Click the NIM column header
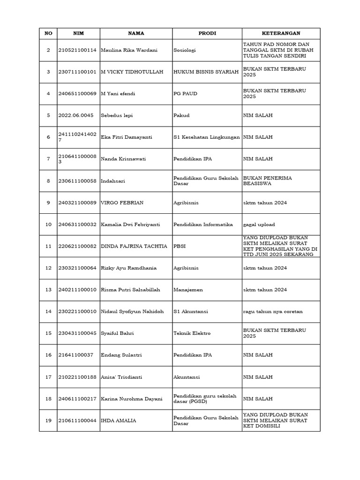click(x=78, y=33)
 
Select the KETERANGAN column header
click(x=281, y=33)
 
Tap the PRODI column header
click(x=207, y=33)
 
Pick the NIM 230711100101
click(x=77, y=72)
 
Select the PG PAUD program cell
click(x=185, y=94)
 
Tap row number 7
click(x=48, y=159)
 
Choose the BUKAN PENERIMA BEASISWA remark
click(x=266, y=181)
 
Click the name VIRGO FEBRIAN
click(x=122, y=202)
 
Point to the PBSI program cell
click(x=180, y=246)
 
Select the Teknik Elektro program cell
click(x=192, y=333)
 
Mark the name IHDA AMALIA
click(x=119, y=420)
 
